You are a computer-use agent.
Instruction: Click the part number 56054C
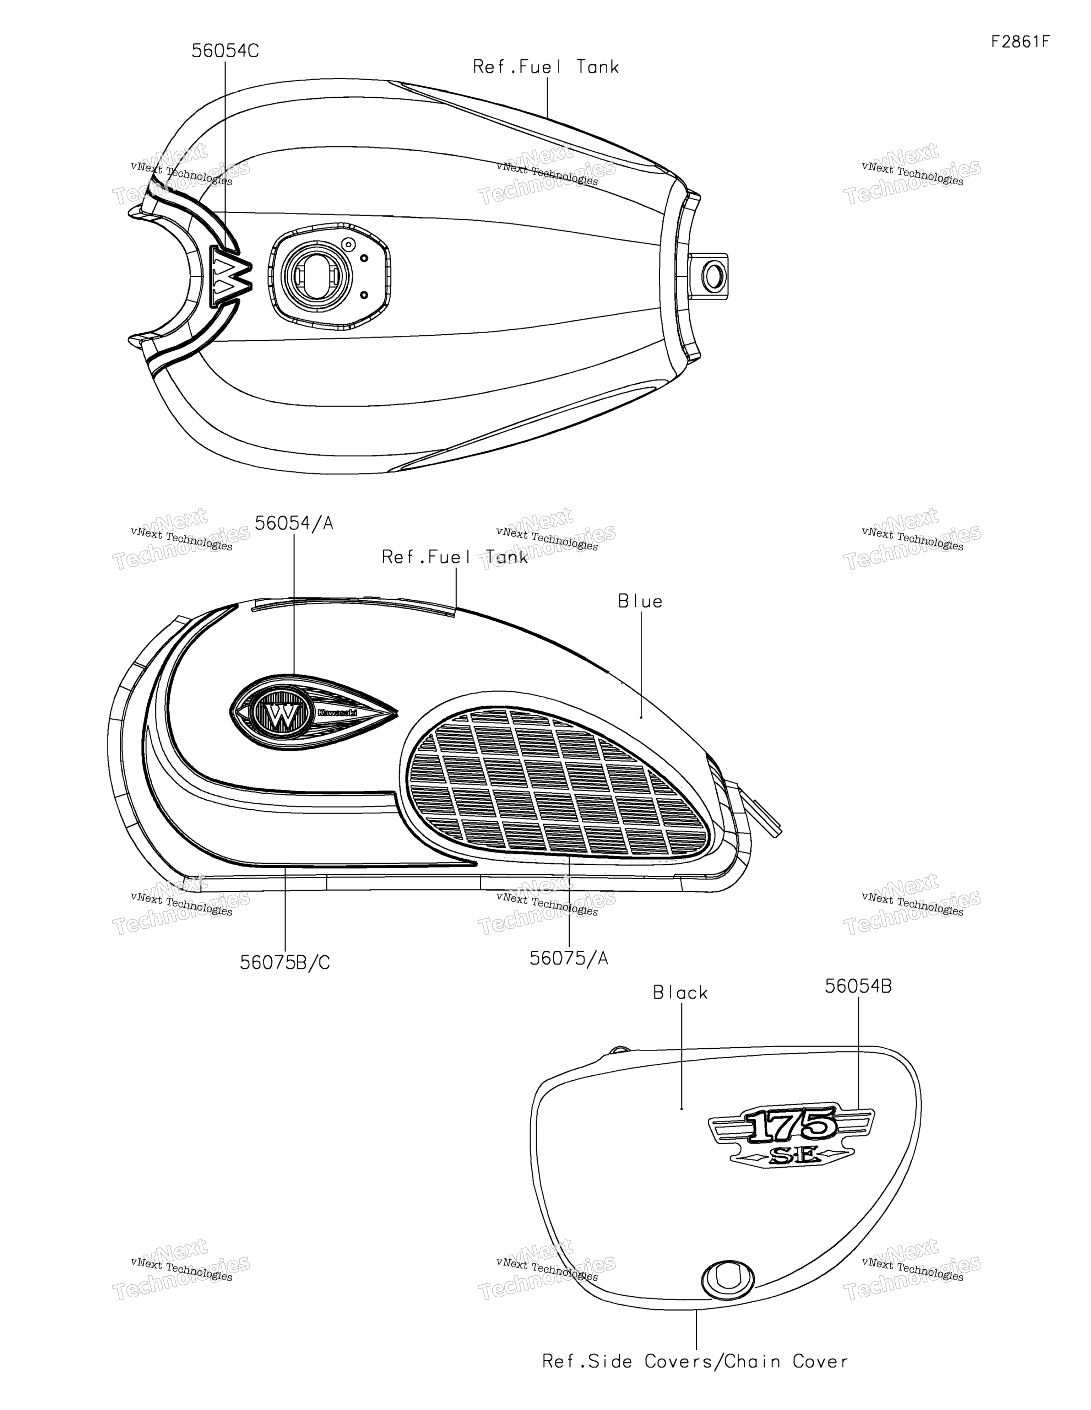click(225, 51)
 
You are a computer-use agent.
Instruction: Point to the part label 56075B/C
click(285, 963)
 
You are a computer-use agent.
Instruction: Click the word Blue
click(640, 601)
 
